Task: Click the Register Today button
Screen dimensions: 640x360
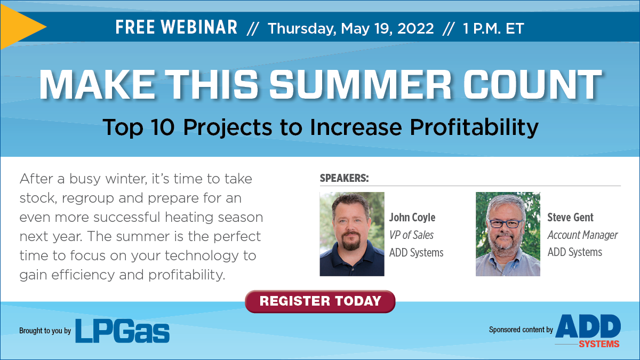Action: [x=320, y=301]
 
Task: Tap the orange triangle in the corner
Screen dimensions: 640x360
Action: [x=20, y=27]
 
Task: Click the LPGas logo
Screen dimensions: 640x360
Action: [x=122, y=331]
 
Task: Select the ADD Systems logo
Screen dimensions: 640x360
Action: [x=588, y=331]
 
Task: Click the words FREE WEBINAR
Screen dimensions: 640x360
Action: [x=177, y=27]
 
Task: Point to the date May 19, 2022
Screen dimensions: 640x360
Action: [x=387, y=28]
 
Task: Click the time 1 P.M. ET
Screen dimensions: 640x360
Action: [x=493, y=28]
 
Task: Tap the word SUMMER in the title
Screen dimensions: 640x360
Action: [x=360, y=85]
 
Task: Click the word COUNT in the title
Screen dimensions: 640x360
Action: [x=532, y=85]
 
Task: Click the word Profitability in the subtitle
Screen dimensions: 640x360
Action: [x=474, y=127]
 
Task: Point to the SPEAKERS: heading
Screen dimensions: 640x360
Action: [x=345, y=178]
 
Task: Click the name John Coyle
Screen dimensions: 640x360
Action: [x=412, y=218]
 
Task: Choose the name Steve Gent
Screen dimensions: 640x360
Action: [x=570, y=218]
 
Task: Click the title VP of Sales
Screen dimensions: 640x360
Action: [x=411, y=235]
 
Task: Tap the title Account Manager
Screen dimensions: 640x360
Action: [x=582, y=235]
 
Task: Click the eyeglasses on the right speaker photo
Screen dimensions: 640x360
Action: [x=505, y=223]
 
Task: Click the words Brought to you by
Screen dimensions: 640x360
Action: [x=45, y=331]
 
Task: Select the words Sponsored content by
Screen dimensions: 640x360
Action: [x=521, y=330]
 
